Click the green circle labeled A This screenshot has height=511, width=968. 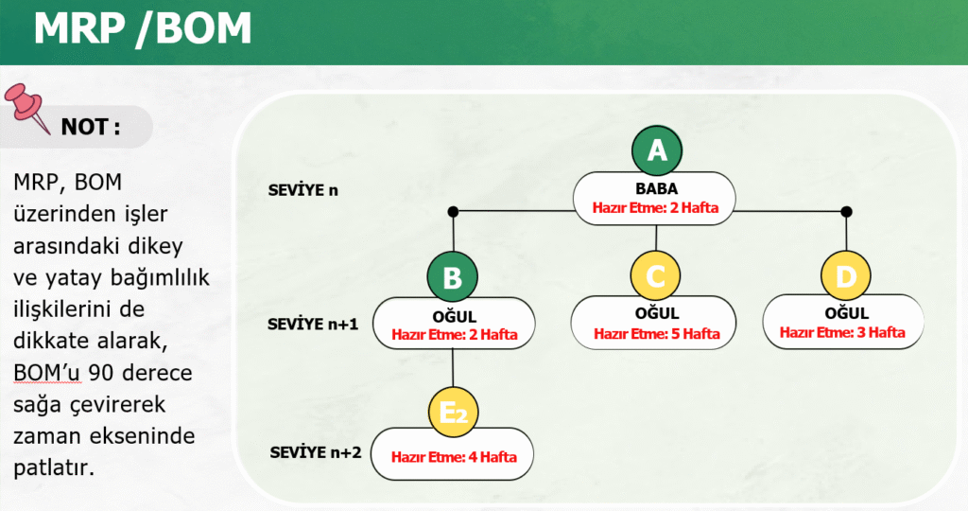656,151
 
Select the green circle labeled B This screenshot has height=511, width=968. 453,278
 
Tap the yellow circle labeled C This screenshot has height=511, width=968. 656,277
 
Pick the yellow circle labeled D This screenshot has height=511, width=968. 846,277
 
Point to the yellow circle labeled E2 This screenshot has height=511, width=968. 454,413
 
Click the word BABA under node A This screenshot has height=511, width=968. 656,189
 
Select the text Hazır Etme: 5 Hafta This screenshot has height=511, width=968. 656,333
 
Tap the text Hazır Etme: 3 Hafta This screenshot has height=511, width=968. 842,332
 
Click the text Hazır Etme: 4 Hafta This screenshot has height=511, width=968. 454,457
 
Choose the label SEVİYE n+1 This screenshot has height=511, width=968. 313,323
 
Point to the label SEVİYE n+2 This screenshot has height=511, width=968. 316,452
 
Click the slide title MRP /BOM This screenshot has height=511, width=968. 143,30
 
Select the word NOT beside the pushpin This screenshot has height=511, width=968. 89,127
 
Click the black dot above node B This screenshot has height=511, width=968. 453,211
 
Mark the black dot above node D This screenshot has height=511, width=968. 846,211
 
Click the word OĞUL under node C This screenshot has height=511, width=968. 656,314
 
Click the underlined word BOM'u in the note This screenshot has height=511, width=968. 47,374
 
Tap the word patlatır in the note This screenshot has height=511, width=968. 54,467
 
